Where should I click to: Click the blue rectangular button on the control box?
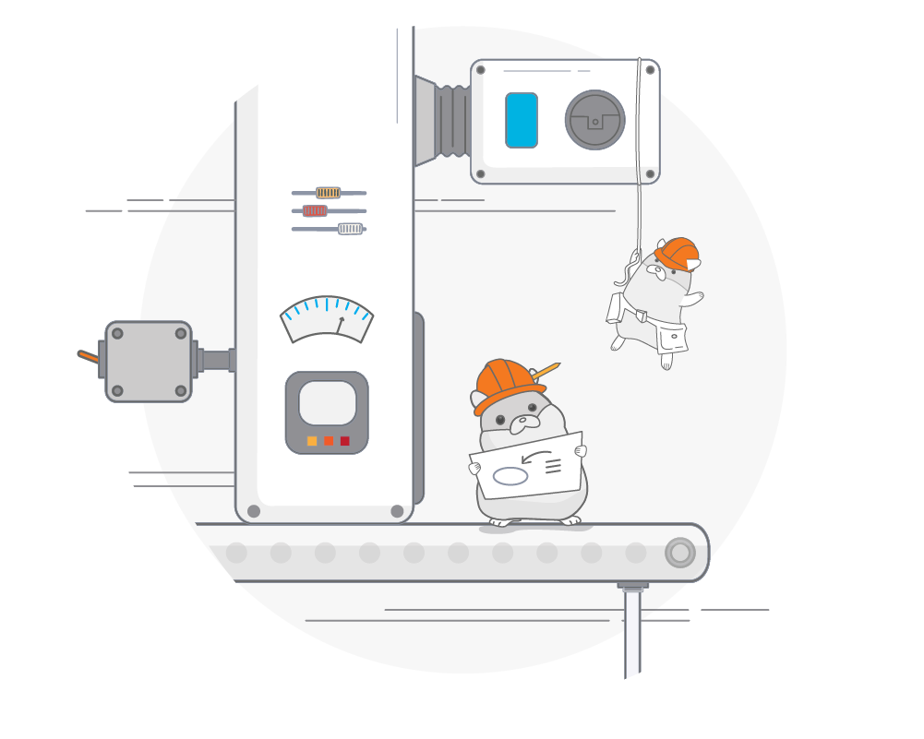click(522, 120)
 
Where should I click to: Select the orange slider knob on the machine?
click(328, 193)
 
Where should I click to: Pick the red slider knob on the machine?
click(316, 210)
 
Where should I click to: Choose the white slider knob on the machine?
click(350, 229)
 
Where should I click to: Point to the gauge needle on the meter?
click(340, 324)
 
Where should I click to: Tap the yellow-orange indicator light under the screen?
click(312, 441)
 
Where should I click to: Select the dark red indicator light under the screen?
click(345, 441)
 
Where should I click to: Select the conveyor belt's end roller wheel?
click(680, 553)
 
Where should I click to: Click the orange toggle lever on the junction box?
click(88, 355)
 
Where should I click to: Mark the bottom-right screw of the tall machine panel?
click(397, 511)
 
